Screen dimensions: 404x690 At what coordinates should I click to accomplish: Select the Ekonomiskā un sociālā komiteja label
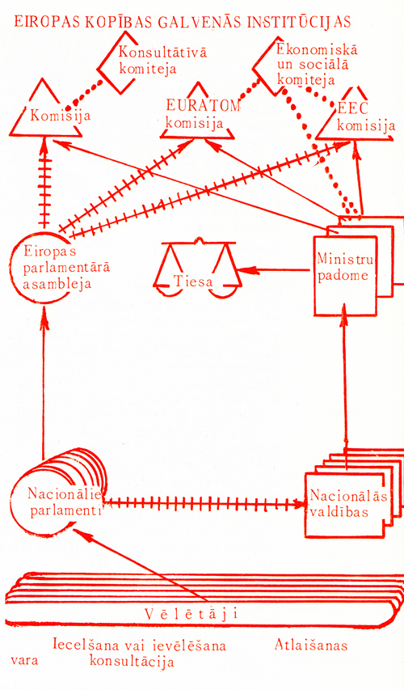(x=317, y=64)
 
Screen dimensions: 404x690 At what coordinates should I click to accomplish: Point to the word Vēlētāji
(x=191, y=613)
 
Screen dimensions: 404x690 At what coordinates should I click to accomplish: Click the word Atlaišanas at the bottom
(x=311, y=646)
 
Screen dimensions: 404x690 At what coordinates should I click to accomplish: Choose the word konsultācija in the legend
(x=132, y=662)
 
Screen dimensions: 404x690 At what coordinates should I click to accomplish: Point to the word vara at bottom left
(x=24, y=661)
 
